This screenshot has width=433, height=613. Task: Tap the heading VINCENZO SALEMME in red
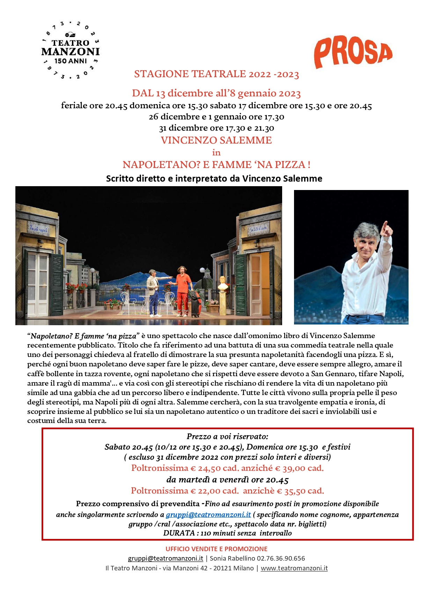(216, 140)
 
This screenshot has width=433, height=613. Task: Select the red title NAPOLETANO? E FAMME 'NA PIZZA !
(216, 165)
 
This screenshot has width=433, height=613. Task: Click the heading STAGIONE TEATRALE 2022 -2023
(216, 74)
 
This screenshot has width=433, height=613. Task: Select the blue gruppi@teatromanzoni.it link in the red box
(208, 515)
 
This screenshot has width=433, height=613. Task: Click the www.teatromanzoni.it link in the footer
(294, 568)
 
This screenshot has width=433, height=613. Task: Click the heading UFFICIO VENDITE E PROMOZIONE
(216, 549)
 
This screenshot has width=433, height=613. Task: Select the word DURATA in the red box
(179, 533)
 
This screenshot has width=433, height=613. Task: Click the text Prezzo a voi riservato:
(227, 436)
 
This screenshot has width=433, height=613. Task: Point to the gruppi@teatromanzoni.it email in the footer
(165, 559)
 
